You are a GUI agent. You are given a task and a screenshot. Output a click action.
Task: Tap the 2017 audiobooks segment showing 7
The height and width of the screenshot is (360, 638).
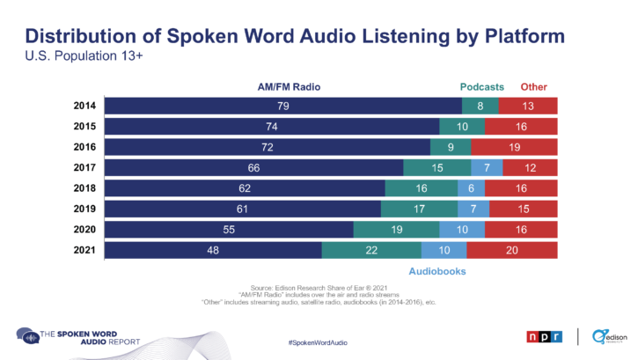(487, 167)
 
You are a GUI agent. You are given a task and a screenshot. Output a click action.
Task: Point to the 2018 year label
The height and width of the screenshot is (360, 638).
(85, 187)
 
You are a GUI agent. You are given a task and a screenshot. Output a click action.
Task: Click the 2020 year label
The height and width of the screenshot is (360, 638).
(85, 229)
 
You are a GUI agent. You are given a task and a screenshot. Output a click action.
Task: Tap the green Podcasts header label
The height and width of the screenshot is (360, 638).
(481, 87)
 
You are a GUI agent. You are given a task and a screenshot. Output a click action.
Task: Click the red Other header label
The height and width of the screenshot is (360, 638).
(532, 87)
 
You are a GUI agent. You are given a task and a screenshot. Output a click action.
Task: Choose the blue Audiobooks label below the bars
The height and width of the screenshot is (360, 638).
(437, 271)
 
